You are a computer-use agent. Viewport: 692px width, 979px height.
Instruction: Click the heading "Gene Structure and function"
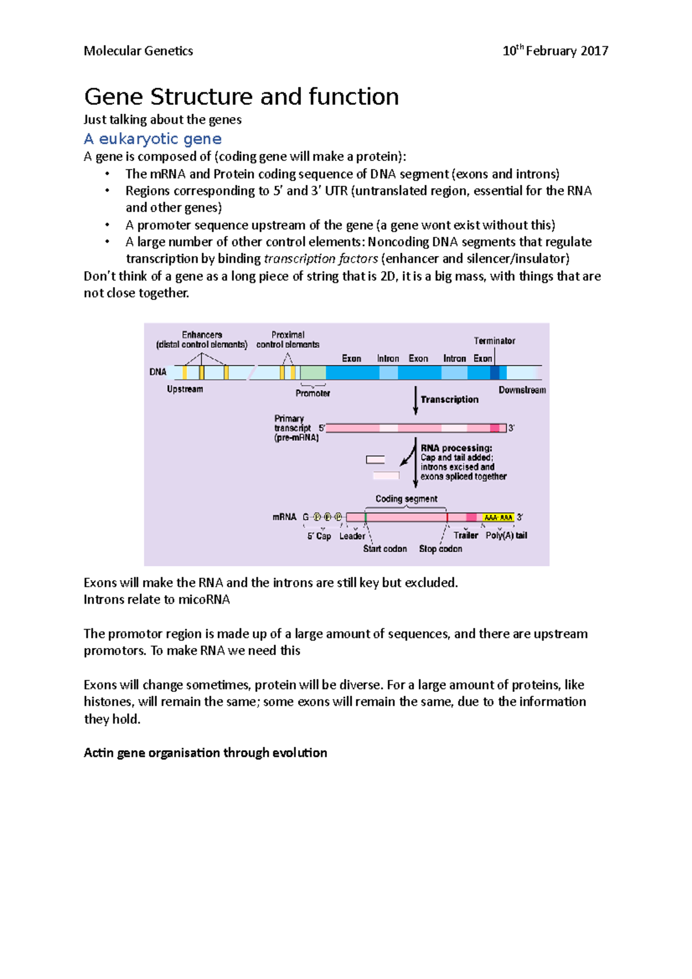coord(241,97)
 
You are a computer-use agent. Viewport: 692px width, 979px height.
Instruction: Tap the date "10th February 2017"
coord(555,51)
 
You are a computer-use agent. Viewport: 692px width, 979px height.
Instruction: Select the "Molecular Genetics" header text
coord(138,51)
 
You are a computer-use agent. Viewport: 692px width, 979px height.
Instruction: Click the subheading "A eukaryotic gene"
coord(153,139)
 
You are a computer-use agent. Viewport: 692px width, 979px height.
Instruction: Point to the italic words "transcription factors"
coord(321,259)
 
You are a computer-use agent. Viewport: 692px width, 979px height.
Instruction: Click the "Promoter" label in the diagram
coord(313,393)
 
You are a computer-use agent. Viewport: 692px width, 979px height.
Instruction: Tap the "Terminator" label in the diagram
coord(494,341)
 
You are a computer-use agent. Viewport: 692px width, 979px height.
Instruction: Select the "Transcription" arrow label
coord(449,400)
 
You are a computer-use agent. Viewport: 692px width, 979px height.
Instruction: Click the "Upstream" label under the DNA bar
coord(185,389)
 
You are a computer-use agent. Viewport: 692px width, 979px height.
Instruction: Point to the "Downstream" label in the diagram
coord(522,390)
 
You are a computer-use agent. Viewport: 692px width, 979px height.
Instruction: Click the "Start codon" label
coord(385,549)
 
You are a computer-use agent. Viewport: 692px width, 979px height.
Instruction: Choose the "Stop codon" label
coord(441,549)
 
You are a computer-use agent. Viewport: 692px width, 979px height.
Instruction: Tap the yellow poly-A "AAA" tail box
coord(498,518)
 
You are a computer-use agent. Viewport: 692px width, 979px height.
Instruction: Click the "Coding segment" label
coord(406,499)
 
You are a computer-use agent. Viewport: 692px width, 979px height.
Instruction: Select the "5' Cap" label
coord(319,536)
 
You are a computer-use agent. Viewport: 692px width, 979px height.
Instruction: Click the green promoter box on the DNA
coord(313,372)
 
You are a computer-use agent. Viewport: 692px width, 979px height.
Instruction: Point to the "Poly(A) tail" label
coord(506,536)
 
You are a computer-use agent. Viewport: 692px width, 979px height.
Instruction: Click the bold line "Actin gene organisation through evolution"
coord(205,753)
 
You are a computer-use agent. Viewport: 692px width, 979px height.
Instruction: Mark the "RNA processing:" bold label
coord(456,448)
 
